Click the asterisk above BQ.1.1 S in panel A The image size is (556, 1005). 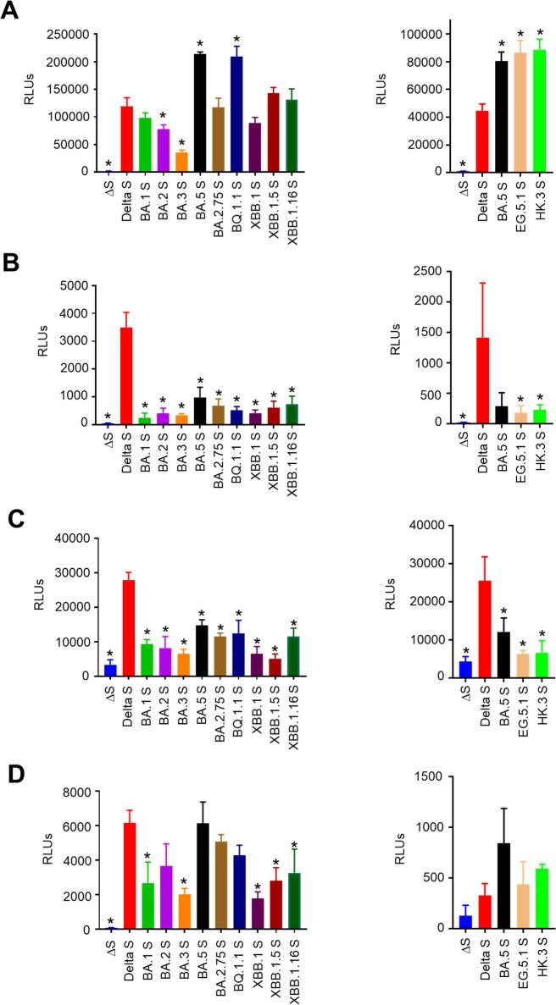click(x=236, y=39)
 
